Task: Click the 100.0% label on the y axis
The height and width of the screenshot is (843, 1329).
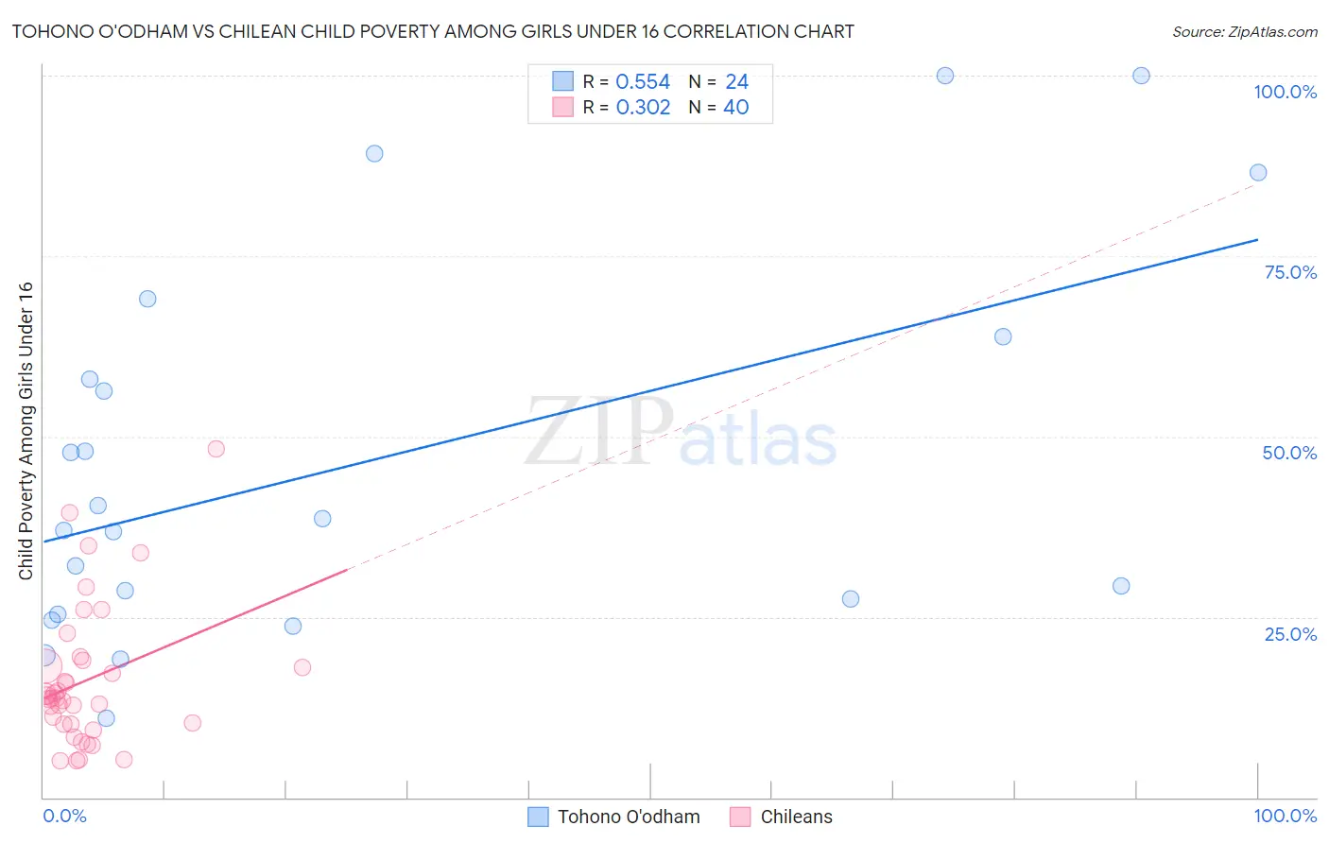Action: pos(1285,92)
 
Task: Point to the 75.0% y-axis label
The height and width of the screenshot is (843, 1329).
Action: pos(1290,272)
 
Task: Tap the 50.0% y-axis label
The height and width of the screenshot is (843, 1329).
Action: pos(1289,453)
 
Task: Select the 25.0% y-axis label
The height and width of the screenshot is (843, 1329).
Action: pos(1290,633)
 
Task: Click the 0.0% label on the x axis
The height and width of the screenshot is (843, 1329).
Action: pos(64,816)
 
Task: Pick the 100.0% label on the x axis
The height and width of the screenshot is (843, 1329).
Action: pos(1285,816)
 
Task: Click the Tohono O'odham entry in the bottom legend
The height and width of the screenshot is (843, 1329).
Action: pos(628,817)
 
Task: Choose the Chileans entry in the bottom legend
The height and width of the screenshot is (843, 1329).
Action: pos(796,817)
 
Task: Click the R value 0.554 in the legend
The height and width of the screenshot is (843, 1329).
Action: pos(643,82)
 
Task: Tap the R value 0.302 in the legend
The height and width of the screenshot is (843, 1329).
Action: pos(643,108)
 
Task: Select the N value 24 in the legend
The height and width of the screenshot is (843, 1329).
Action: pos(736,82)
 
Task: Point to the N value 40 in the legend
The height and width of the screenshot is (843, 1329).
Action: pos(735,108)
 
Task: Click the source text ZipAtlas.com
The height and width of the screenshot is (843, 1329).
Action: pos(1244,31)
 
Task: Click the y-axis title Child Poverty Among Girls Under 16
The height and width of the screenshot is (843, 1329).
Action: pos(26,431)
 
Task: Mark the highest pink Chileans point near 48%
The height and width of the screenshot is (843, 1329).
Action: pos(216,449)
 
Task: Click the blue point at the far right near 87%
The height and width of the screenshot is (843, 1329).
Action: pos(1258,172)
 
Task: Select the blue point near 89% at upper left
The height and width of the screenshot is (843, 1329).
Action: pos(374,153)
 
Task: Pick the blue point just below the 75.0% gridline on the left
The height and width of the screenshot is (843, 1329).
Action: pos(147,299)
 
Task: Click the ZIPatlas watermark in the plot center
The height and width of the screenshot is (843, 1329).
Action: pos(681,432)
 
